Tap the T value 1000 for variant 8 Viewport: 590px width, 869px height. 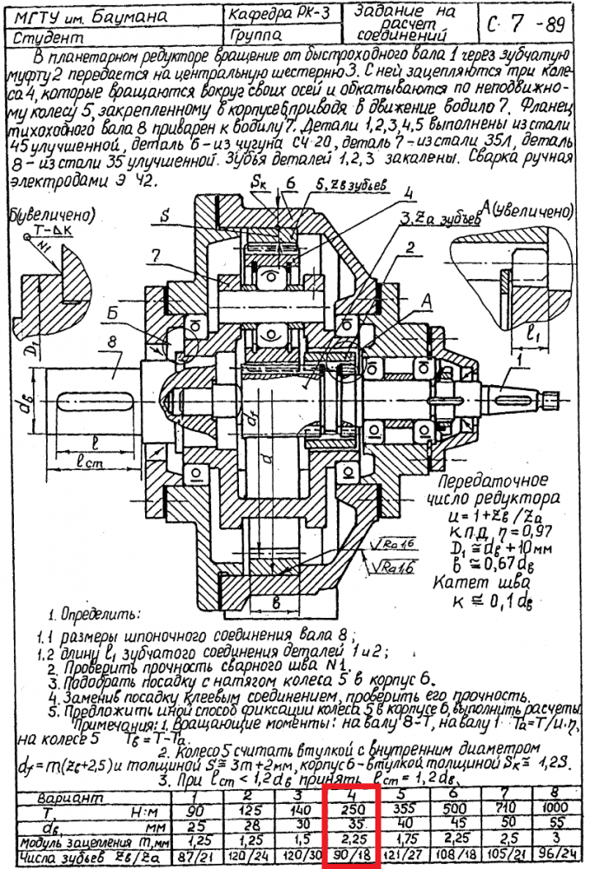[x=551, y=808]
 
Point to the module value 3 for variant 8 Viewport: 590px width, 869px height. [x=551, y=839]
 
